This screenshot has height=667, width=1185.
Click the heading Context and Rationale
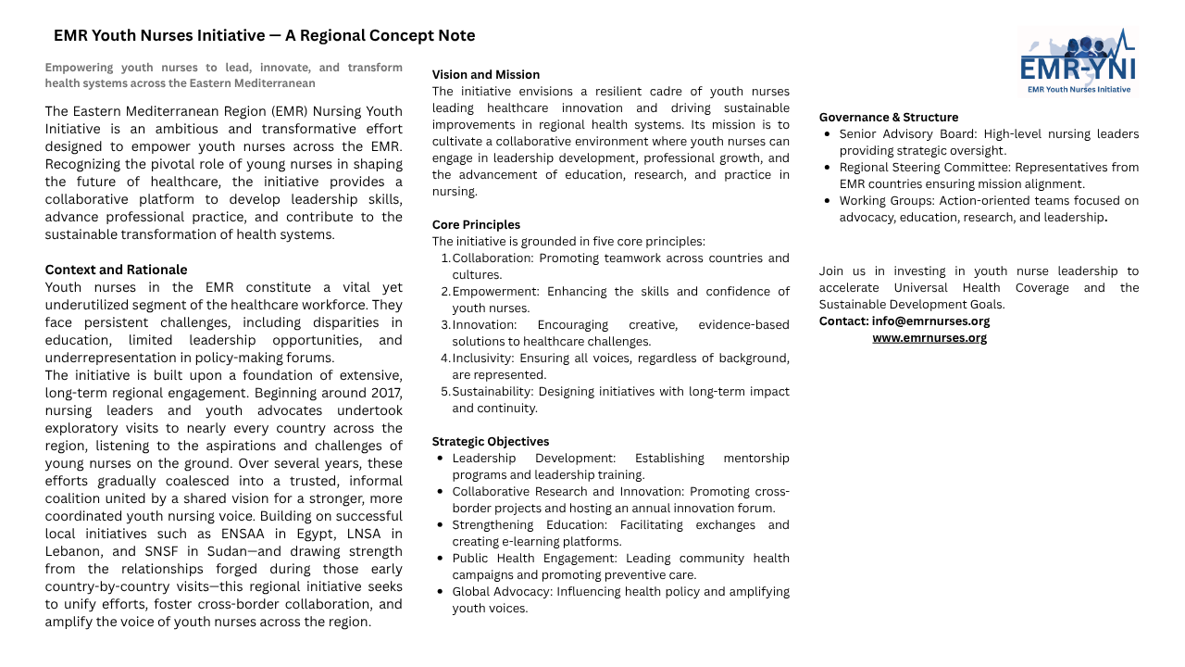116,270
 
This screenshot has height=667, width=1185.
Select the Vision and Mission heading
485,75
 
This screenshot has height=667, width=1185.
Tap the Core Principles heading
476,225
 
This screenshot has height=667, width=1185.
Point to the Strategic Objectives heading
491,442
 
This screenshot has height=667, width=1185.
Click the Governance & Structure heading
888,118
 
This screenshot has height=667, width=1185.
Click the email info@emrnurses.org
930,321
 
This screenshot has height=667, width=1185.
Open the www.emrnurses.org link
929,338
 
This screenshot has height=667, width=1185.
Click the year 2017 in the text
385,393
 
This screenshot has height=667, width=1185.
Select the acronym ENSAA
241,534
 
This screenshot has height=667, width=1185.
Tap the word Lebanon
74,551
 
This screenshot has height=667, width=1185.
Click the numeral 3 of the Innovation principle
444,325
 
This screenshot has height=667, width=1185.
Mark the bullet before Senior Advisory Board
827,134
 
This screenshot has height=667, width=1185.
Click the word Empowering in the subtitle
79,68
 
